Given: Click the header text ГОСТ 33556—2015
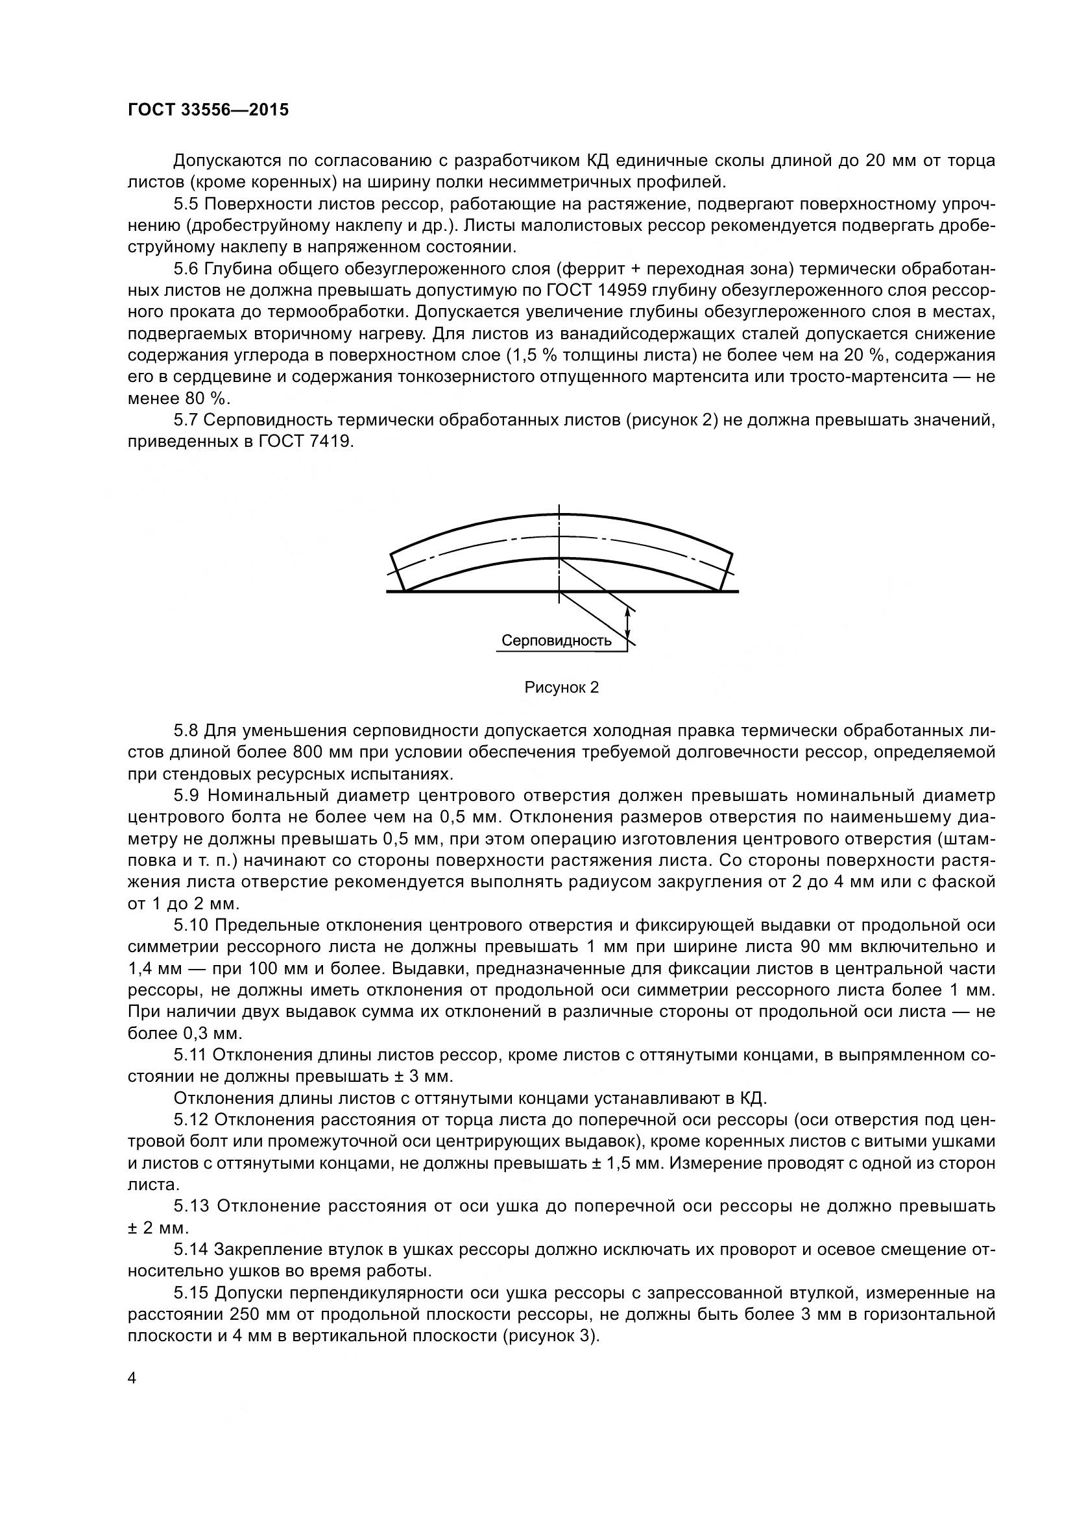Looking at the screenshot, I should click(x=208, y=110).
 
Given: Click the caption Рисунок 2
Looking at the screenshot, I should click(x=561, y=687).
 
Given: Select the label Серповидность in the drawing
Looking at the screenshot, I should click(x=557, y=640).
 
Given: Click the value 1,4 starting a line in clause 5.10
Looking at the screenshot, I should click(x=139, y=969).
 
